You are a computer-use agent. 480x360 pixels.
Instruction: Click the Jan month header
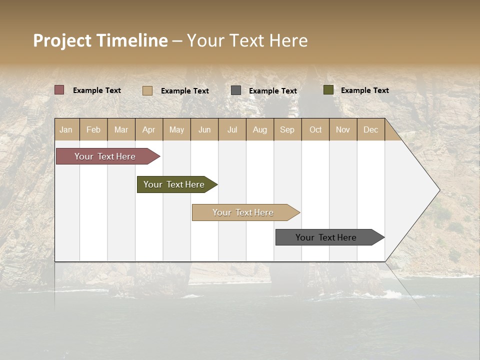[x=66, y=129]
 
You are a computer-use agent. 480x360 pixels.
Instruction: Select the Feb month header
[x=93, y=129]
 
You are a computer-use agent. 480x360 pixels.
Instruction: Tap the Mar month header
[x=121, y=129]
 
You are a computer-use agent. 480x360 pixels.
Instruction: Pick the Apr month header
[x=149, y=129]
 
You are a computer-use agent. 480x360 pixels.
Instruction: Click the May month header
[x=176, y=129]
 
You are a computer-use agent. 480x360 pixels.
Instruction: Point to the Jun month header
[x=204, y=129]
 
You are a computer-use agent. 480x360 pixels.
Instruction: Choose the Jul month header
[x=232, y=129]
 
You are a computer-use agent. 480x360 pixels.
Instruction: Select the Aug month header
[x=260, y=129]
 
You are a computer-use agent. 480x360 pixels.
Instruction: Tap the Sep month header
[x=287, y=129]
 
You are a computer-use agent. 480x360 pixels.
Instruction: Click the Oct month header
[x=315, y=129]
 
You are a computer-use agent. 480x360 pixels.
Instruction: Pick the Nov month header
[x=343, y=129]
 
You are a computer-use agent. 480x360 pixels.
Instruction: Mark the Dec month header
[x=371, y=129]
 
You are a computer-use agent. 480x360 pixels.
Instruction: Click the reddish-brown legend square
[x=59, y=90]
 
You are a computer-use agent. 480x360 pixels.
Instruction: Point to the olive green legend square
[x=328, y=90]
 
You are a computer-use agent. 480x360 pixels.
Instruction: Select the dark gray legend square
[x=236, y=90]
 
